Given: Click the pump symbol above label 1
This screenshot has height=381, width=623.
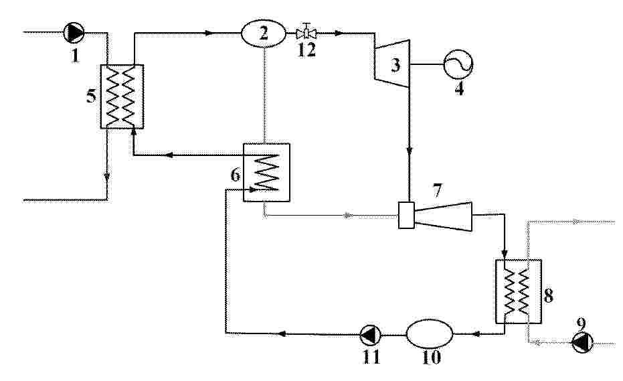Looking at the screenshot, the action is (x=74, y=32).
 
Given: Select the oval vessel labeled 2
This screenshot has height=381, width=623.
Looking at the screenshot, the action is (x=264, y=33).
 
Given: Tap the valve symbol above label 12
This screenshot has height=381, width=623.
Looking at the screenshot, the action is (x=306, y=32).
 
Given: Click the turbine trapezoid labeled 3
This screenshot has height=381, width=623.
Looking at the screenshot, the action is (x=391, y=63).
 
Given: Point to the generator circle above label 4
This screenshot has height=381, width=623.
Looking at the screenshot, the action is (x=458, y=64).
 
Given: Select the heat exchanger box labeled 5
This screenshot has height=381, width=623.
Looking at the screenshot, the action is (x=122, y=96).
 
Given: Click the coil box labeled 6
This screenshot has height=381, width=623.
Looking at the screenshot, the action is (x=266, y=172).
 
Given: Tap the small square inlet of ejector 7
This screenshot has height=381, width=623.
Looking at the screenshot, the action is (x=406, y=216).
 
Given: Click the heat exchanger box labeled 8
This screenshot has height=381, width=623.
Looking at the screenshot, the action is (x=519, y=291).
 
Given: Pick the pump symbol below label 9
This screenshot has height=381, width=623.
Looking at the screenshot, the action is (x=582, y=342).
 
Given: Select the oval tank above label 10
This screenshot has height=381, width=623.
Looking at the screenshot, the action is (x=430, y=334).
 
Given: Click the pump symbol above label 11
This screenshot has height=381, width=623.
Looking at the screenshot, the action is (x=370, y=335).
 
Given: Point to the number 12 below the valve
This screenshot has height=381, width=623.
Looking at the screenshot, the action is (x=306, y=50).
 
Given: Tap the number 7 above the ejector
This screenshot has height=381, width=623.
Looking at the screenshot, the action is (x=437, y=192).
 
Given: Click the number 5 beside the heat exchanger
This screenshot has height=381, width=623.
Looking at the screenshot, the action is (x=91, y=96).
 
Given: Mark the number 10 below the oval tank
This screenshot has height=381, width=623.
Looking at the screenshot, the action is (x=431, y=357).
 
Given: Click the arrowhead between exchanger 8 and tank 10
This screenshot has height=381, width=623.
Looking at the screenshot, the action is (x=476, y=334).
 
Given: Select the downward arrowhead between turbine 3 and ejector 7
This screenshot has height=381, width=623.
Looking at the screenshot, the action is (x=410, y=152).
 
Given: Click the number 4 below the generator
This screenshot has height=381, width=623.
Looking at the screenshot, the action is (x=459, y=88).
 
